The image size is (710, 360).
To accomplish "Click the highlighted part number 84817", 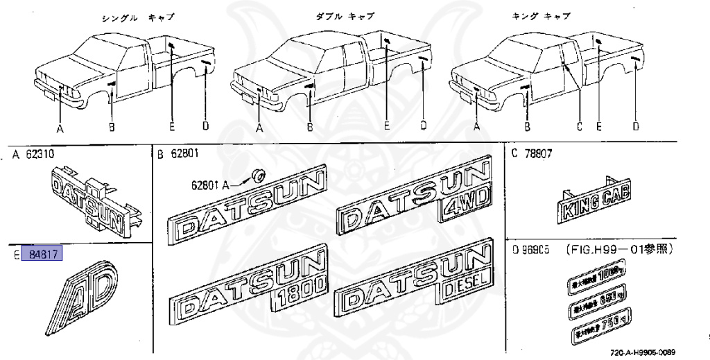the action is click(43, 255).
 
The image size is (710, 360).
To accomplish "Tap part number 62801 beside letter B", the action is click(184, 155).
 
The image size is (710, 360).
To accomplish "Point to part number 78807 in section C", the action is click(537, 155).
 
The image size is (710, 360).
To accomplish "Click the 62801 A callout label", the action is click(211, 186).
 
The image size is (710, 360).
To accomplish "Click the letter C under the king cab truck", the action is click(579, 128).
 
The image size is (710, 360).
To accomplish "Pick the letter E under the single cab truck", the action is click(171, 128).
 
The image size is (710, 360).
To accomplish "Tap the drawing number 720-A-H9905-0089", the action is click(642, 352).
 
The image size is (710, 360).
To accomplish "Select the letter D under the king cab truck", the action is click(635, 127).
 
